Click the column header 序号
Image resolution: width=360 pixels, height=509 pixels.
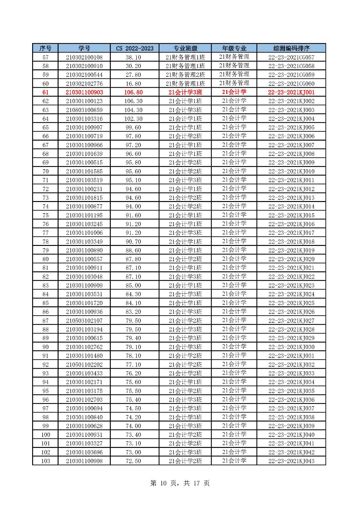click(x=45, y=48)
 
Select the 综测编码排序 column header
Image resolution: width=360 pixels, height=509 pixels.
click(x=291, y=48)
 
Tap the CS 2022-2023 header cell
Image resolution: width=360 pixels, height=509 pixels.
click(x=135, y=48)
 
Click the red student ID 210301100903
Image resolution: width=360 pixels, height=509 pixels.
click(x=84, y=92)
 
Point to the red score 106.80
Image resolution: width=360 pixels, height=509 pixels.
click(x=133, y=92)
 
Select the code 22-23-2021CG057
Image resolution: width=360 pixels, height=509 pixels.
click(x=291, y=57)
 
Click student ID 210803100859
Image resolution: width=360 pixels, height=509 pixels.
click(x=84, y=110)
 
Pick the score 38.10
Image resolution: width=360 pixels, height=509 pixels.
click(x=133, y=57)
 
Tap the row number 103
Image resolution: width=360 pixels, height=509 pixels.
click(x=46, y=461)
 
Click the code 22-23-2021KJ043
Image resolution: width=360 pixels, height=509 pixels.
click(x=291, y=461)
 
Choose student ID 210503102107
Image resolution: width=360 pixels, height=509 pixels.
click(x=84, y=321)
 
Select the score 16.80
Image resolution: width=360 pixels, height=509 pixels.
click(x=133, y=84)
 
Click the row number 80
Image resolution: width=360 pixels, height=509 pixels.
click(x=46, y=259)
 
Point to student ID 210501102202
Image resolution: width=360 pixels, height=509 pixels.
click(x=84, y=365)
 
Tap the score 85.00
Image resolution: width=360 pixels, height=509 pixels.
click(x=133, y=285)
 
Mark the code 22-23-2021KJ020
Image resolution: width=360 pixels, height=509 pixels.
click(x=291, y=259)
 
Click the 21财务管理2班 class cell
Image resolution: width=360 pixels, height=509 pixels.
click(x=185, y=75)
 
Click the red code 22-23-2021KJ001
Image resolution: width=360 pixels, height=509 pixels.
click(x=291, y=92)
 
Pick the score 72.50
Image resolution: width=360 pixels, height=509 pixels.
click(x=133, y=461)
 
